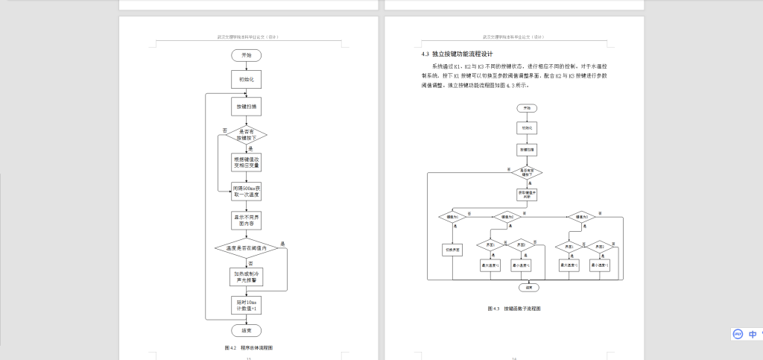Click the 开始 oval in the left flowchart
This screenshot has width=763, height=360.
click(x=247, y=56)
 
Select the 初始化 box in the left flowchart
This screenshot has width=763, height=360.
click(x=247, y=79)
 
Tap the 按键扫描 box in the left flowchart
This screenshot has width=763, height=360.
click(x=247, y=107)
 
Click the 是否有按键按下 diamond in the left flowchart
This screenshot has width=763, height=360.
click(x=247, y=135)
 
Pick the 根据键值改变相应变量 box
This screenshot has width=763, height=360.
click(x=247, y=162)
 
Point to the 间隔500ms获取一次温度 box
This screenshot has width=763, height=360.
click(x=247, y=192)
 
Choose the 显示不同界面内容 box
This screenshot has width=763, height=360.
click(x=247, y=220)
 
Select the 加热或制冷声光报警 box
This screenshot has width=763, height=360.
click(x=247, y=277)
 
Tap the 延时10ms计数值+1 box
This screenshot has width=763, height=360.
click(x=247, y=305)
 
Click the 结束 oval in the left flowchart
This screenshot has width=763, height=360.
click(x=247, y=329)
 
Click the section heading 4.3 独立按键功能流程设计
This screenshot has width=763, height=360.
click(x=458, y=54)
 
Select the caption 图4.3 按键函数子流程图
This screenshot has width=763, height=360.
click(x=514, y=308)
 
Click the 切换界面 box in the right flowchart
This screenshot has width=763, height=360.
click(x=453, y=250)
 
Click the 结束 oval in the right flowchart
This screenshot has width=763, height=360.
click(x=528, y=286)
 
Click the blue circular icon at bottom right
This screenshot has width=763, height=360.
click(x=738, y=335)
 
